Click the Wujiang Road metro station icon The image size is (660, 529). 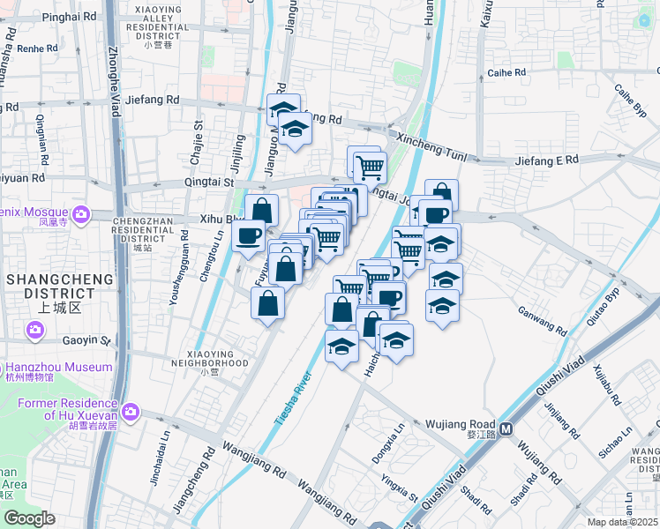(x=506, y=430)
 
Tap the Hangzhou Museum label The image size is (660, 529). (x=59, y=367)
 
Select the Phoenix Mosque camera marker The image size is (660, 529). (x=82, y=213)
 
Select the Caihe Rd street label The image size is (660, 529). (x=506, y=72)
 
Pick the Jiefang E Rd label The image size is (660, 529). (x=546, y=160)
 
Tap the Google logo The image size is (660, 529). (x=29, y=518)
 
